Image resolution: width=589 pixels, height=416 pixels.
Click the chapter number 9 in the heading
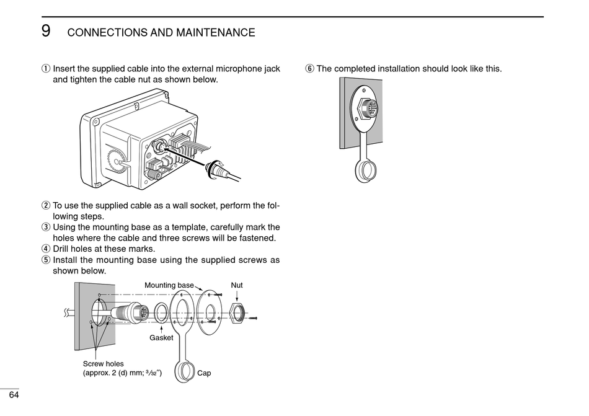[x=46, y=31]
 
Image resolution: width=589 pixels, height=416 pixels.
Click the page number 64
[x=14, y=396]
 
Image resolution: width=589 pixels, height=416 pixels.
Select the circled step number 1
[x=46, y=69]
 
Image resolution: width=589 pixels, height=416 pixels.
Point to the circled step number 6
[x=309, y=69]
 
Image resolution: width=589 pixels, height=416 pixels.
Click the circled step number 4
[x=46, y=249]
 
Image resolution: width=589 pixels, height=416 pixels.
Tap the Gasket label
[x=161, y=338]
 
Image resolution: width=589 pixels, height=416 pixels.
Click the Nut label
[x=237, y=285]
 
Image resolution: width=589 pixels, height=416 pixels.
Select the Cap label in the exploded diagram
[x=204, y=373]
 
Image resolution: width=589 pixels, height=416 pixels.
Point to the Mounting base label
[x=169, y=285]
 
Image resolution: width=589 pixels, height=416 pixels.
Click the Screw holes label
[x=103, y=364]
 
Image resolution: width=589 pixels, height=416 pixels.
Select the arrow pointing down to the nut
[x=237, y=296]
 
